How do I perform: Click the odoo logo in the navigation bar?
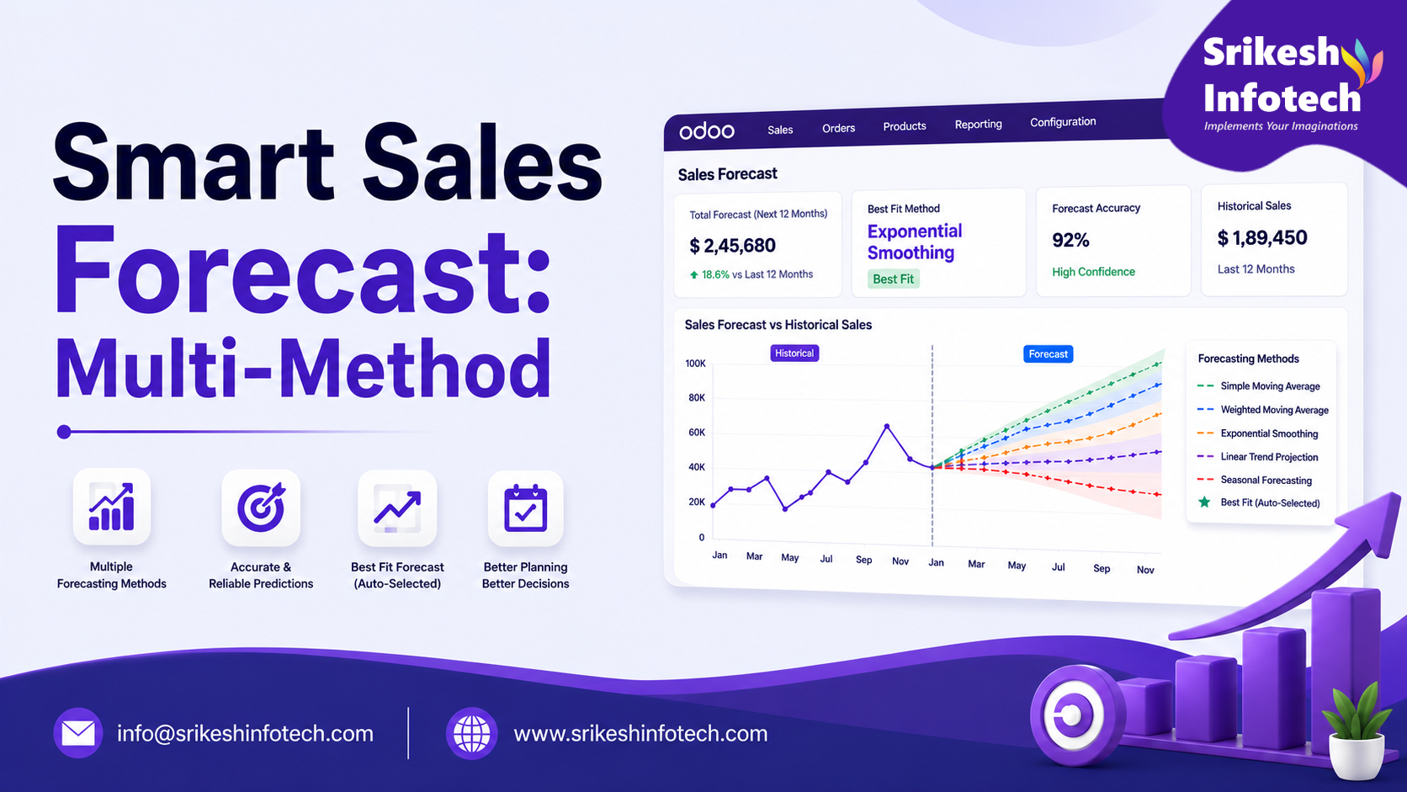[x=707, y=130]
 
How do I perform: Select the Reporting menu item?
[x=978, y=125]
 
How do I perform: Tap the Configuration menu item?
[x=1063, y=122]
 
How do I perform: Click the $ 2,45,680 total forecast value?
[x=732, y=246]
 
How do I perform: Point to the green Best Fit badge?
[x=893, y=279]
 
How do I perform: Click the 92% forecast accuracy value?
[x=1070, y=240]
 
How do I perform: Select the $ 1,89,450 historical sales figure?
[x=1262, y=238]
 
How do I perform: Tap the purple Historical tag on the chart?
[x=794, y=353]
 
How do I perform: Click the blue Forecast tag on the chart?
[x=1048, y=354]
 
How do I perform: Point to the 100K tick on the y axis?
[x=695, y=364]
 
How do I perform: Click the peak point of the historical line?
[x=887, y=427]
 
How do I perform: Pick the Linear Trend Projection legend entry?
[x=1257, y=457]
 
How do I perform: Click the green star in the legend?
[x=1204, y=502]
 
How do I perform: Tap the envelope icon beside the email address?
[x=78, y=733]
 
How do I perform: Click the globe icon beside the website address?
[x=472, y=733]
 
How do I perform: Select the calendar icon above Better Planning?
[x=525, y=508]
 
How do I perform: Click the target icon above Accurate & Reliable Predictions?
[x=261, y=508]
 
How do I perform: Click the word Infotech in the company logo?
[x=1282, y=99]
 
